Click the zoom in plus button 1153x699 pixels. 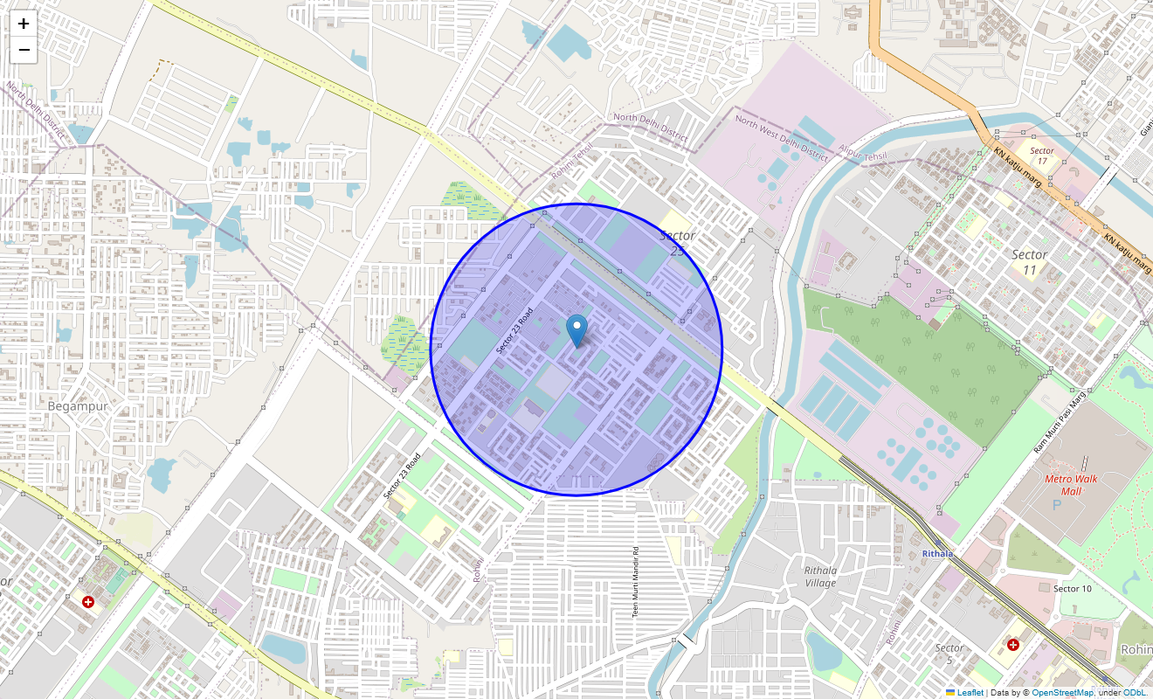[x=24, y=24]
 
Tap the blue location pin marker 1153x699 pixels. [x=576, y=331]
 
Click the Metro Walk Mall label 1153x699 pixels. [x=1071, y=485]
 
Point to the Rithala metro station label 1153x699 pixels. [x=938, y=553]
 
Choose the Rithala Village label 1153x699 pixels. [x=820, y=577]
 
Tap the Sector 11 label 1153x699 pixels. [x=1029, y=262]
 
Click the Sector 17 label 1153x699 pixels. [x=1042, y=156]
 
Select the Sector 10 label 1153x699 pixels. [x=1072, y=588]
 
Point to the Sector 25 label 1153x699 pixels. [x=678, y=243]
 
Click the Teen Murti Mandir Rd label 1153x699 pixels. [x=636, y=583]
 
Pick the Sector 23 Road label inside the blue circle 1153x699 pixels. [x=514, y=330]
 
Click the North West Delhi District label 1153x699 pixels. [x=781, y=139]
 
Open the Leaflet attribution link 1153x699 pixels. [x=970, y=692]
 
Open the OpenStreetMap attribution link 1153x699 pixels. [x=1062, y=692]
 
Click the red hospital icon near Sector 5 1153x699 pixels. [x=1012, y=645]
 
